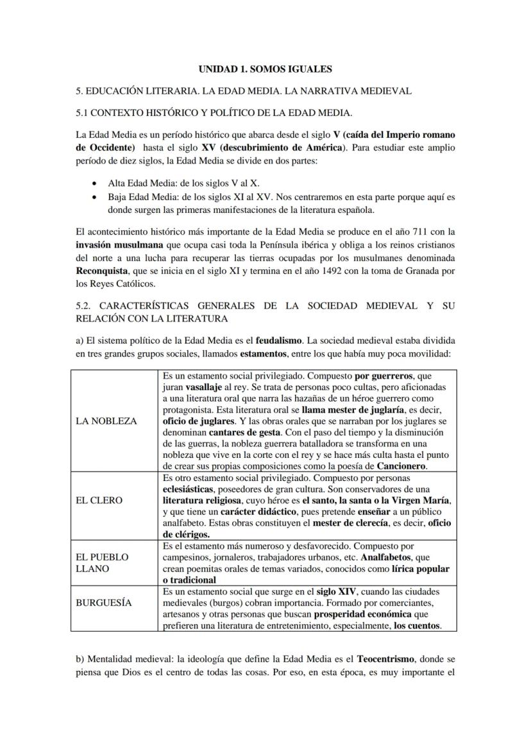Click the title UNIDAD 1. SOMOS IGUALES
point(265,69)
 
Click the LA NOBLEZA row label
point(106,421)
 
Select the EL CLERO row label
point(99,500)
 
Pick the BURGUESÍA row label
point(104,603)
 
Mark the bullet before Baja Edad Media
point(96,196)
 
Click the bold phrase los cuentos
point(417,625)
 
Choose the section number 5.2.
point(84,306)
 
